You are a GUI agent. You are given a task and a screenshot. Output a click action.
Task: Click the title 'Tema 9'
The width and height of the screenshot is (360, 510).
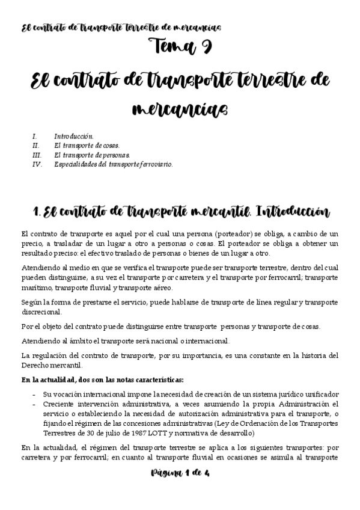pyautogui.click(x=180, y=46)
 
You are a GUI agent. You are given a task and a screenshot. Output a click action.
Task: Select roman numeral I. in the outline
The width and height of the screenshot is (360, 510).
pyautogui.click(x=35, y=137)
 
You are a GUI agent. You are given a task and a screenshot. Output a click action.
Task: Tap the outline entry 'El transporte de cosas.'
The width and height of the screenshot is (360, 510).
pyautogui.click(x=87, y=146)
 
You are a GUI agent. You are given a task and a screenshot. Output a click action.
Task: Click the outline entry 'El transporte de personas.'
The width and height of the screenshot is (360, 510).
pyautogui.click(x=91, y=155)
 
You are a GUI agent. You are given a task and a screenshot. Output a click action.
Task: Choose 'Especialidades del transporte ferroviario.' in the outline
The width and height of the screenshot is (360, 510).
pyautogui.click(x=113, y=164)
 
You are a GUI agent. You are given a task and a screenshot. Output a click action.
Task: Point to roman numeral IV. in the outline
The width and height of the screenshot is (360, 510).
pyautogui.click(x=37, y=164)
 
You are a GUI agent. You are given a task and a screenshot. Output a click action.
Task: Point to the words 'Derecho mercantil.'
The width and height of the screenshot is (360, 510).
pyautogui.click(x=53, y=366)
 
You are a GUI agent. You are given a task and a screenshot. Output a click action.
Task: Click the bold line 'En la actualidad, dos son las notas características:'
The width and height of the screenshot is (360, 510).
pyautogui.click(x=102, y=379)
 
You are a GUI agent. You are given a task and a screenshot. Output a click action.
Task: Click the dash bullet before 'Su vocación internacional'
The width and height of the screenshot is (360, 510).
pyautogui.click(x=34, y=394)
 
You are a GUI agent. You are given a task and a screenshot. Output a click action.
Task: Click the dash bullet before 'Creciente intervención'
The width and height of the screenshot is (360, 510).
pyautogui.click(x=34, y=404)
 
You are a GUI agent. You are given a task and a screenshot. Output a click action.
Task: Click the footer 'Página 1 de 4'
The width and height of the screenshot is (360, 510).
pyautogui.click(x=180, y=473)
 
